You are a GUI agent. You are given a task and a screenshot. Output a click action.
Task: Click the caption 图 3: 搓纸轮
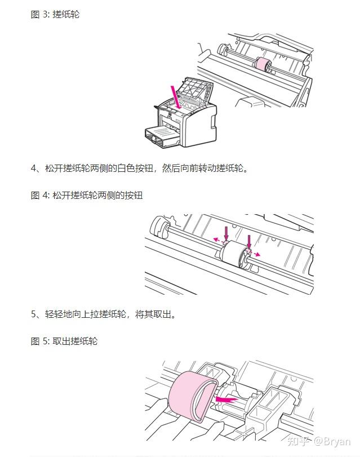tap(55, 14)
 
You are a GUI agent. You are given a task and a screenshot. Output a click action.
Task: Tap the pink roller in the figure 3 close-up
tap(264, 64)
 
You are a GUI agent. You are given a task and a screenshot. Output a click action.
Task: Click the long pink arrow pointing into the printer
tap(176, 97)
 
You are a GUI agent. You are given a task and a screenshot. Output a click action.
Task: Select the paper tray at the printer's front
tap(161, 136)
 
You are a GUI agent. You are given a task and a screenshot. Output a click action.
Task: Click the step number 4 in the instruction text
tap(34, 168)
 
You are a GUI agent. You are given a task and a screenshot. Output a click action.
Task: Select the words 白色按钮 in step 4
tap(135, 168)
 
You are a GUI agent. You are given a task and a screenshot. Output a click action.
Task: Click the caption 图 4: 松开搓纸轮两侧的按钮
tap(87, 195)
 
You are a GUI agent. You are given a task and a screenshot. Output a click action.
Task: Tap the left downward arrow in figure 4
tap(226, 233)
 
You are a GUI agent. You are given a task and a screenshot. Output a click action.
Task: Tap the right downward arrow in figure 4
tap(248, 242)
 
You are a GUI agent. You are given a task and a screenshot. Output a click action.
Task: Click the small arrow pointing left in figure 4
tap(217, 240)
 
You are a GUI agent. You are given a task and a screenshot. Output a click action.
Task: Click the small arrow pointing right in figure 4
tap(256, 254)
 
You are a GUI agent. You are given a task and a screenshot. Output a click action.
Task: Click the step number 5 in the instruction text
tap(34, 314)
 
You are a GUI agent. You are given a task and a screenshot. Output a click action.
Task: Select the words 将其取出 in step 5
tap(153, 314)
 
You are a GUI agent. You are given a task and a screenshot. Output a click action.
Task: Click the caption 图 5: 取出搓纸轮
tap(64, 341)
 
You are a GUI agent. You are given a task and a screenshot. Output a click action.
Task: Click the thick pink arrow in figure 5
tap(226, 399)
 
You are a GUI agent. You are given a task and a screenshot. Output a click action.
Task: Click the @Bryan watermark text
tap(332, 442)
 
